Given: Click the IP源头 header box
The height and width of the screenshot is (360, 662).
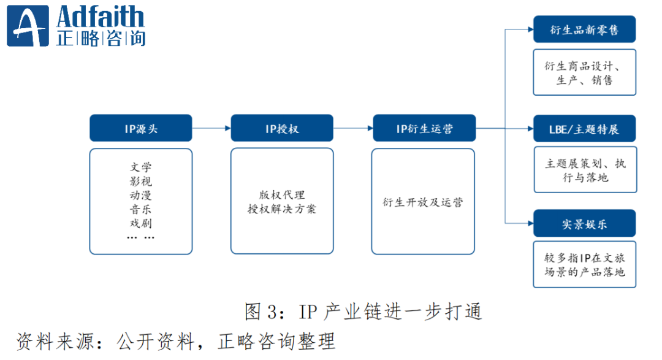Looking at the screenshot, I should click(x=141, y=129).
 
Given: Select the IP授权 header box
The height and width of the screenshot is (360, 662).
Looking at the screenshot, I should click(x=282, y=129).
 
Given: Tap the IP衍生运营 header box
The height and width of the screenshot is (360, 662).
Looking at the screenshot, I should click(x=424, y=129).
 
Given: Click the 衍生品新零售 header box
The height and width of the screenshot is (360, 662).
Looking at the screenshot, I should click(x=584, y=29).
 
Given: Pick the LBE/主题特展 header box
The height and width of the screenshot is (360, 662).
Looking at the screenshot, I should click(x=584, y=129).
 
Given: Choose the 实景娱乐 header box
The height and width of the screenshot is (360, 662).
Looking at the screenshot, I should click(x=584, y=223).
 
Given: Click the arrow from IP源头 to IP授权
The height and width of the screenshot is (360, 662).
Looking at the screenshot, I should click(x=211, y=129).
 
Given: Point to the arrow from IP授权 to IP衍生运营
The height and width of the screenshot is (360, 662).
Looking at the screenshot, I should click(x=353, y=129).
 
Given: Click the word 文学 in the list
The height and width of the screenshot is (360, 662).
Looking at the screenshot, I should click(x=141, y=167).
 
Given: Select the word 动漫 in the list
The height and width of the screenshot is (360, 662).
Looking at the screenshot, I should click(x=141, y=195).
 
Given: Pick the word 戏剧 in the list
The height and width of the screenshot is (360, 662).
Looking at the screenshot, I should click(x=141, y=223).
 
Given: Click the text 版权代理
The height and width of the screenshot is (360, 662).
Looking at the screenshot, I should click(x=282, y=195).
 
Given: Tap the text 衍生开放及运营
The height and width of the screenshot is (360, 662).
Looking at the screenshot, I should click(x=424, y=202).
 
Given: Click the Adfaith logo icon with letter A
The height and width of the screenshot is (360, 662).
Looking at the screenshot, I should click(x=27, y=26).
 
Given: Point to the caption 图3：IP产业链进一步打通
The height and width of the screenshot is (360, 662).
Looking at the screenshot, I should click(x=363, y=312).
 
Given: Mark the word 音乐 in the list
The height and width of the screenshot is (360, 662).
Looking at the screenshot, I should click(x=141, y=209).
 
